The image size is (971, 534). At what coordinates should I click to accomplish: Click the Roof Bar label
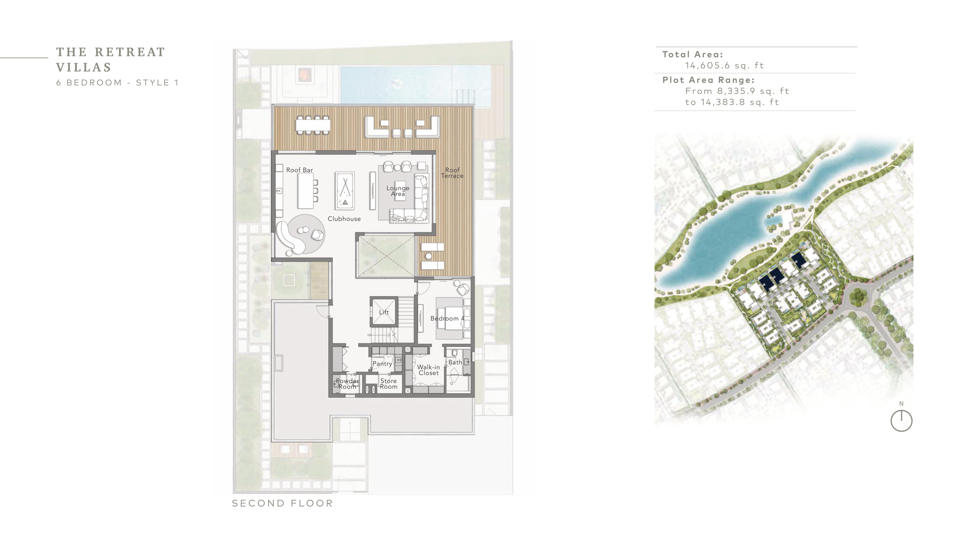tap(299, 170)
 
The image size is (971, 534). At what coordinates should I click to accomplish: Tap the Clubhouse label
tap(344, 218)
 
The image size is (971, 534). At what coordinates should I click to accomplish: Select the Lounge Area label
tap(398, 191)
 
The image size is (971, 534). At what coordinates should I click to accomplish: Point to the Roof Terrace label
tap(452, 173)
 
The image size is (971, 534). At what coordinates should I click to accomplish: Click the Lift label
tap(384, 312)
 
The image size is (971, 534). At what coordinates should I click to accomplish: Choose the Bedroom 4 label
tap(447, 318)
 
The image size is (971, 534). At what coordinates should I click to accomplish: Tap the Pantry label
tap(382, 364)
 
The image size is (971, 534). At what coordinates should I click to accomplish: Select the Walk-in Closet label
tap(429, 370)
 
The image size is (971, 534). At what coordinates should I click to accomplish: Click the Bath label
tap(455, 362)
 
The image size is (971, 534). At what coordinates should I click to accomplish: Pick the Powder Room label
tap(347, 384)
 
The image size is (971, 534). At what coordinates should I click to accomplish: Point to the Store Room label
tap(389, 384)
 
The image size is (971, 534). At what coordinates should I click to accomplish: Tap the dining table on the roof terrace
tap(313, 125)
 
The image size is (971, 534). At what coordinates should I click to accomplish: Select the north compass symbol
tap(901, 420)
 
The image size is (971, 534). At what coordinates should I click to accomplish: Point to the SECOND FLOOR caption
tap(282, 503)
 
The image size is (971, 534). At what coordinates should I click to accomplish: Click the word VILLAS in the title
tap(84, 67)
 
